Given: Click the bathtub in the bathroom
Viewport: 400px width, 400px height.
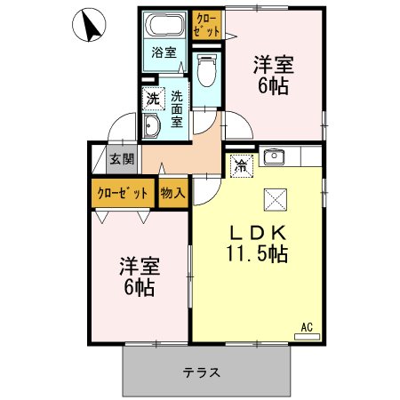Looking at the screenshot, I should [x=165, y=25].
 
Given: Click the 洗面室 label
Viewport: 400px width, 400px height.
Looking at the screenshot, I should [x=177, y=108].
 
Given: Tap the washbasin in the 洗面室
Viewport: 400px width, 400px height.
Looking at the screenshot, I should [x=150, y=127].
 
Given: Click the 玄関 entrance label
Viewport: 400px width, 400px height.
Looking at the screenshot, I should [x=122, y=161].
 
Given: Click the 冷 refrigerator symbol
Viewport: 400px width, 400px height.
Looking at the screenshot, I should [x=239, y=164].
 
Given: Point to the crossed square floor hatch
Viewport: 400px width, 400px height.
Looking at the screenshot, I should [x=273, y=198].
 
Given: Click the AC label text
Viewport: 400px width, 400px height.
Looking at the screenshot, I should [x=308, y=325].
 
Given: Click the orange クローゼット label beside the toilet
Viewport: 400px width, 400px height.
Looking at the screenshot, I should [x=204, y=23].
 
